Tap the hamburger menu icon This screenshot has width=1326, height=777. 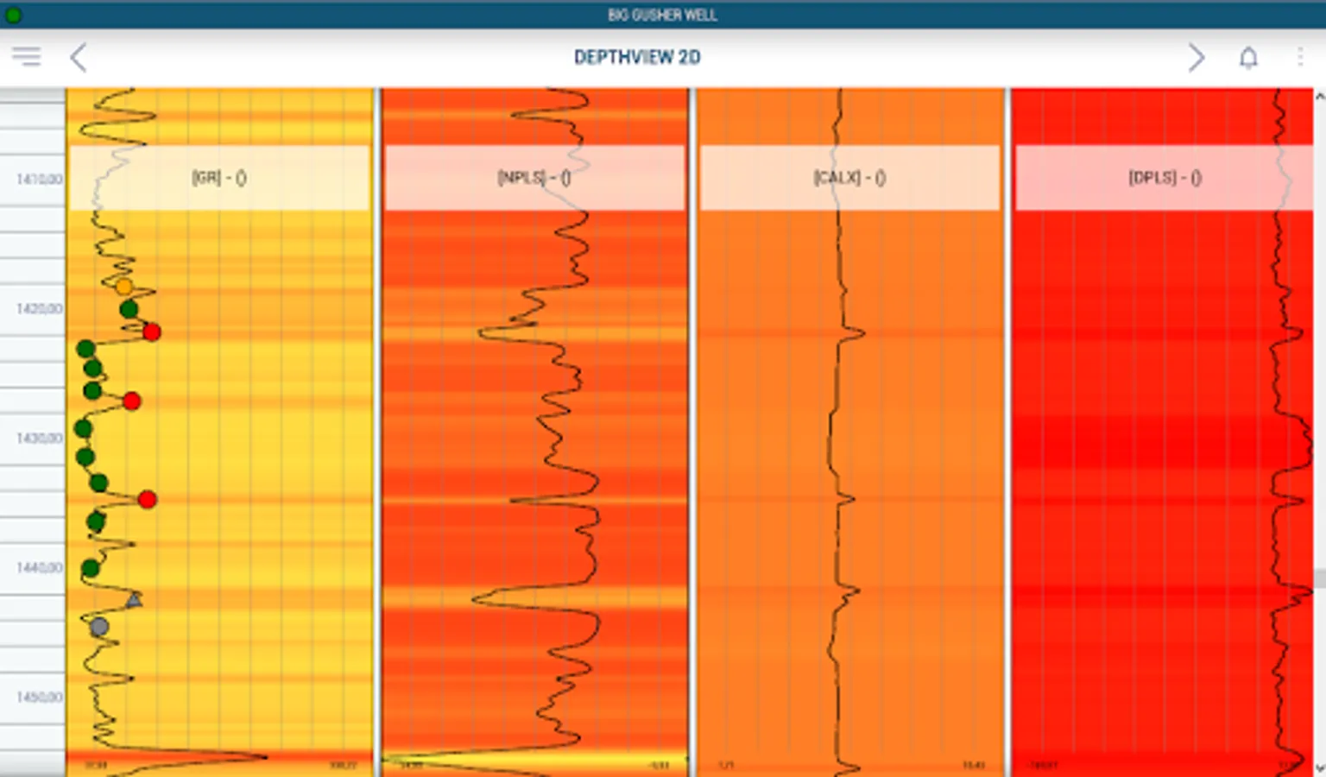pyautogui.click(x=26, y=57)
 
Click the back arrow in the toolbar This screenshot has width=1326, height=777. pyautogui.click(x=79, y=58)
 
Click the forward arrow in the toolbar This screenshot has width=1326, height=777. pyautogui.click(x=1196, y=58)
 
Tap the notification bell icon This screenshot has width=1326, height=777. pyautogui.click(x=1248, y=58)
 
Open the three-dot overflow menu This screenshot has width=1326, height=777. pyautogui.click(x=1300, y=58)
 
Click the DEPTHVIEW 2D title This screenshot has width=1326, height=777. pyautogui.click(x=637, y=58)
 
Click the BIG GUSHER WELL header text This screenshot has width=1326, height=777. pyautogui.click(x=662, y=15)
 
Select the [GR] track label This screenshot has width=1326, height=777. pyautogui.click(x=219, y=178)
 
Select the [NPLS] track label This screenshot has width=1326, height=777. pyautogui.click(x=534, y=178)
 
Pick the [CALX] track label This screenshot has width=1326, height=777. pyautogui.click(x=849, y=178)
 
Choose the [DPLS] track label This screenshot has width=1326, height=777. pyautogui.click(x=1165, y=178)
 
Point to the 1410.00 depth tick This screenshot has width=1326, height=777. pyautogui.click(x=40, y=180)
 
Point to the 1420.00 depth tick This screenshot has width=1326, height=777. pyautogui.click(x=40, y=309)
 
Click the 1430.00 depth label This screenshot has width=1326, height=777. pyautogui.click(x=40, y=439)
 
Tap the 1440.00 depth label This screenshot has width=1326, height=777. pyautogui.click(x=40, y=568)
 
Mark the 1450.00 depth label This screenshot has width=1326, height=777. pyautogui.click(x=40, y=698)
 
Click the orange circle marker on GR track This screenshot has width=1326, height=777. pyautogui.click(x=124, y=287)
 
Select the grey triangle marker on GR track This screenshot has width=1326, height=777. pyautogui.click(x=134, y=599)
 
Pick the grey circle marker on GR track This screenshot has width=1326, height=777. pyautogui.click(x=99, y=627)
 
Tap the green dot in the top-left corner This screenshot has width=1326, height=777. pyautogui.click(x=13, y=15)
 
